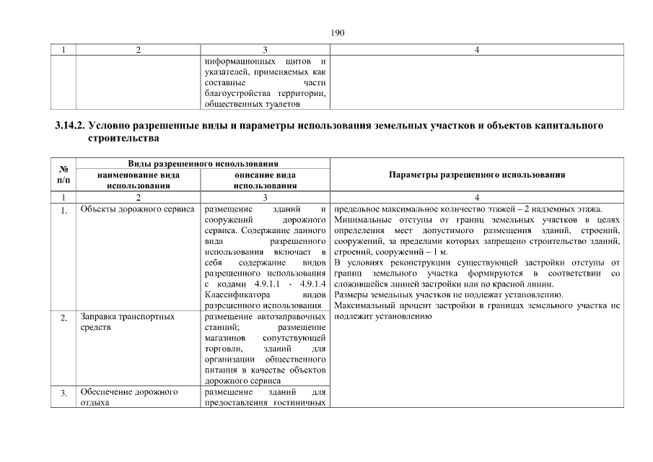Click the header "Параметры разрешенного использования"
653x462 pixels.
click(476, 175)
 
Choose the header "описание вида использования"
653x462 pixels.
click(266, 180)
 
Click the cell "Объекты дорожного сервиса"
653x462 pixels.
click(137, 210)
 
